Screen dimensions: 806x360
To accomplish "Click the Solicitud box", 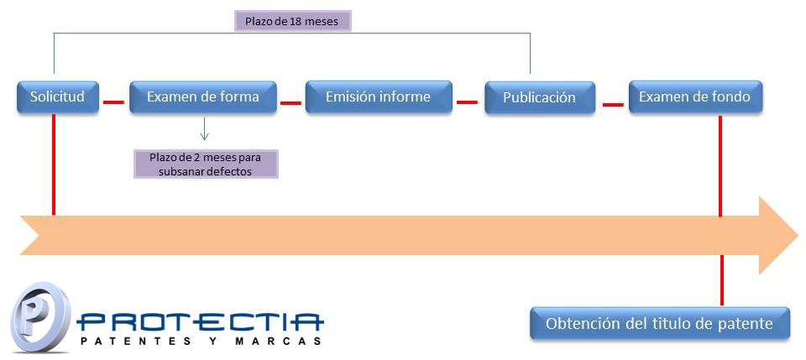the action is point(58,97).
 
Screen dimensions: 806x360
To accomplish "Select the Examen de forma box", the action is point(203,97).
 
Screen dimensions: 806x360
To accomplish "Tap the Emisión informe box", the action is point(379,97).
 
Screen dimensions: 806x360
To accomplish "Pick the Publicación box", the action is point(540,97).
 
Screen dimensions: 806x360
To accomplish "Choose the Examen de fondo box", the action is point(695,97).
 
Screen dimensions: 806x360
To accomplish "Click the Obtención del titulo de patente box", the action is point(660,324).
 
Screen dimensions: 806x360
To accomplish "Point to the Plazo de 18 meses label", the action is point(293,22).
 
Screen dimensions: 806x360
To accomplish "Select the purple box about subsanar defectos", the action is point(206,164).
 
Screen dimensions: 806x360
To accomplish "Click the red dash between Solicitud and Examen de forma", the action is point(113,102).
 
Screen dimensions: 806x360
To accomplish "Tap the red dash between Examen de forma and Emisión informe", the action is point(290,102).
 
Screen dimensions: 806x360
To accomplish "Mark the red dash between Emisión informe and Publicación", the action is point(468,102).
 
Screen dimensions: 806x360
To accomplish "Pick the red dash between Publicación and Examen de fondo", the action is point(613,105).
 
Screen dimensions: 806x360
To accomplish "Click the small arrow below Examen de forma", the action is point(204,129).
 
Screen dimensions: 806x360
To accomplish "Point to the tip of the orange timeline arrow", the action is point(798,235).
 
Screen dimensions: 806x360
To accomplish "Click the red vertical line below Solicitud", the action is point(54,164).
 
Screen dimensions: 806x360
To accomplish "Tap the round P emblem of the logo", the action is point(40,318).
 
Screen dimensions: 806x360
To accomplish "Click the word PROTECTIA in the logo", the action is point(201,322).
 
